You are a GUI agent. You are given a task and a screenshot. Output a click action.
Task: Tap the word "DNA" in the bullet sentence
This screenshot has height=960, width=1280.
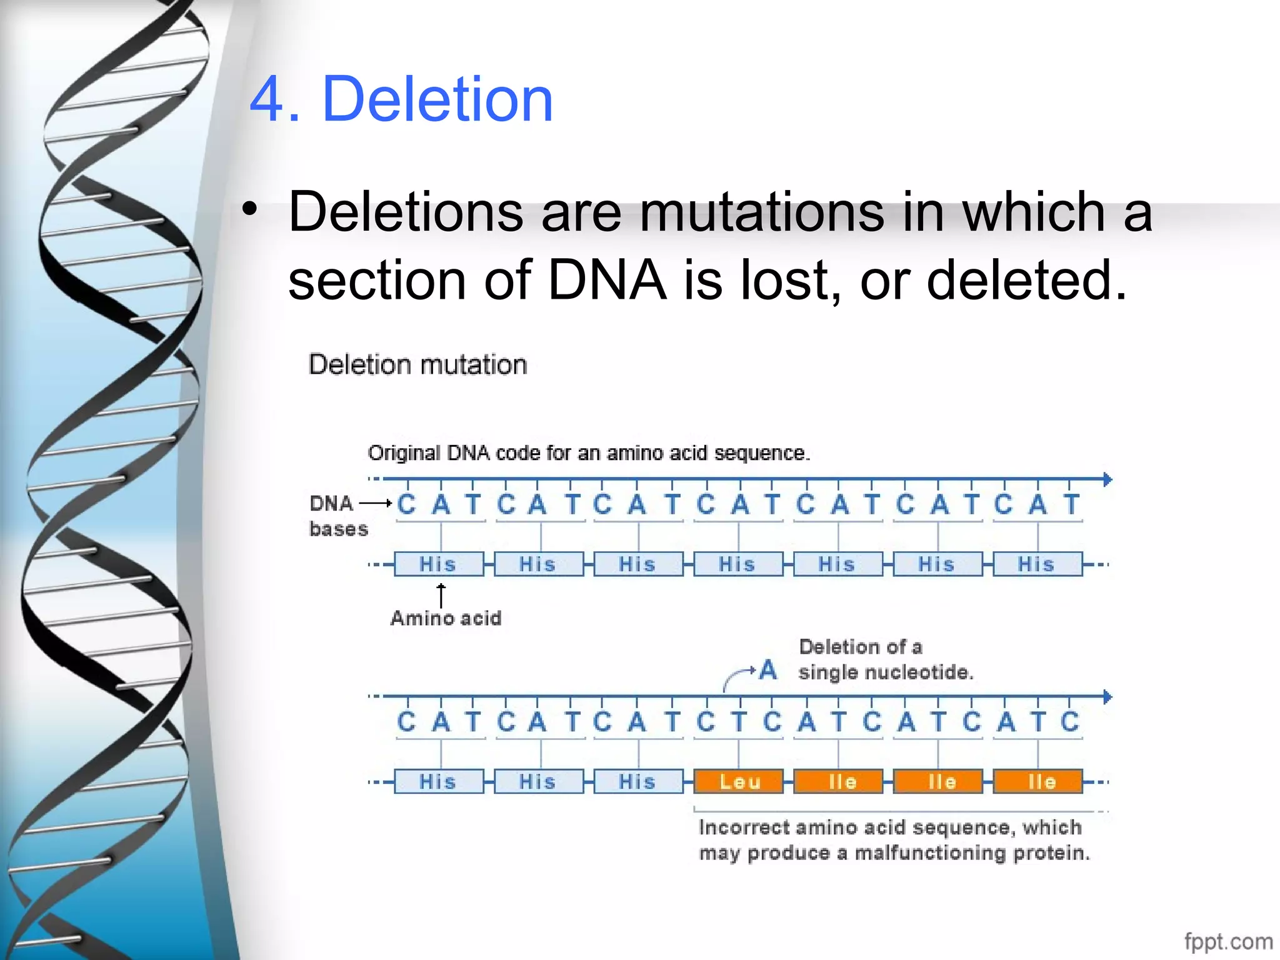[607, 279]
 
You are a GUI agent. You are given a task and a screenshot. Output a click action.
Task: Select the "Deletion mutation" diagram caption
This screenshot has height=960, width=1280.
[417, 364]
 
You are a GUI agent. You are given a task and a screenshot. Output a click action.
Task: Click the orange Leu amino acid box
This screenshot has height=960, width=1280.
[739, 781]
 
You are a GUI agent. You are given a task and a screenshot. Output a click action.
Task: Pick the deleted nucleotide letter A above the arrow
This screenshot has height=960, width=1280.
[768, 670]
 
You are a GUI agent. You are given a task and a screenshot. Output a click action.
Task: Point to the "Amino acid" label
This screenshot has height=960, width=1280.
[446, 618]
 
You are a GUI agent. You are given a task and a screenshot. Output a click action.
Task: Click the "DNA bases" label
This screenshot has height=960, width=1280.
[338, 516]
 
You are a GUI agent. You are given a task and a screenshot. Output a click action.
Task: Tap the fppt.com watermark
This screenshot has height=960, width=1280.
[1227, 941]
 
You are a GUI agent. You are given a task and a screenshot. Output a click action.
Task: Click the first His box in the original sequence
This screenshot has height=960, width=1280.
[439, 564]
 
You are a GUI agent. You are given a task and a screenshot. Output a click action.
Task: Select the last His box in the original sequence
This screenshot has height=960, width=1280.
[1037, 564]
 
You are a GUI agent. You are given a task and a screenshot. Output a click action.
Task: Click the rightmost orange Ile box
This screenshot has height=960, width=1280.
[1037, 781]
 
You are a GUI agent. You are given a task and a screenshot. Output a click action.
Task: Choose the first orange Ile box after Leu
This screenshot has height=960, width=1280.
[838, 781]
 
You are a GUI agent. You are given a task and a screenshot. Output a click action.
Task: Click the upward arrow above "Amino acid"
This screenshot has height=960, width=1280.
[441, 594]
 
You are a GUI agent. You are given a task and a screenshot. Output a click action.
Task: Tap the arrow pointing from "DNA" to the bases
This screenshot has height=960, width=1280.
[376, 502]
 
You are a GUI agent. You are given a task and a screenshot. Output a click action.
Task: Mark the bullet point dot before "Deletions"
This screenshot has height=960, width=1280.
[250, 210]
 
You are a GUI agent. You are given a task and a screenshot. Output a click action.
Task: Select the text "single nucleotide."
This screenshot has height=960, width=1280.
[886, 672]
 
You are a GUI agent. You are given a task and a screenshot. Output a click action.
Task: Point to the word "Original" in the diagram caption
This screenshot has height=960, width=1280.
[404, 452]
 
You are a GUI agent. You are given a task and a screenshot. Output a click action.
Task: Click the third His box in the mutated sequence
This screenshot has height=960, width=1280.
[638, 781]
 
